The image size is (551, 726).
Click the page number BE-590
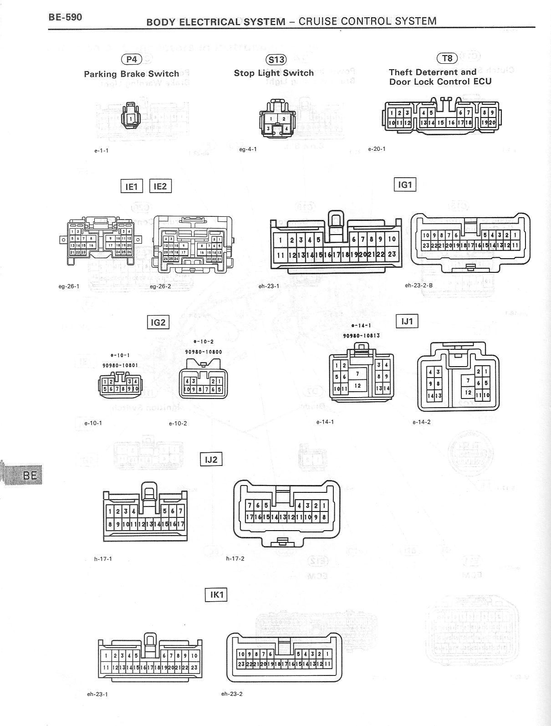[66, 17]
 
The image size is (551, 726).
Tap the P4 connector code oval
[131, 59]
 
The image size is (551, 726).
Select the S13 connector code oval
[276, 59]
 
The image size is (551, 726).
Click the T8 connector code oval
[447, 58]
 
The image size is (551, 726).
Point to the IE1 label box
[132, 186]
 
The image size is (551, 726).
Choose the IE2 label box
[160, 186]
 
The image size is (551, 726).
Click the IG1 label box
[405, 184]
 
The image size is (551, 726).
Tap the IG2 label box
[158, 322]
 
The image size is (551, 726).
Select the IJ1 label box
[407, 321]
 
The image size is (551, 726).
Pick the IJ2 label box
[211, 459]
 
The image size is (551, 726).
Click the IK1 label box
[216, 595]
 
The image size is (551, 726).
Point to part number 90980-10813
[361, 336]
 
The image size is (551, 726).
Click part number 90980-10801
[120, 365]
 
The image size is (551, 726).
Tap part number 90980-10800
[204, 352]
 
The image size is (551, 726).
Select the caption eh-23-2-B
[418, 286]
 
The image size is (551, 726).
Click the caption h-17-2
[235, 558]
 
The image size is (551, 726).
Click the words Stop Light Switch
[274, 73]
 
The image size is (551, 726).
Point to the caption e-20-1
[377, 149]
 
